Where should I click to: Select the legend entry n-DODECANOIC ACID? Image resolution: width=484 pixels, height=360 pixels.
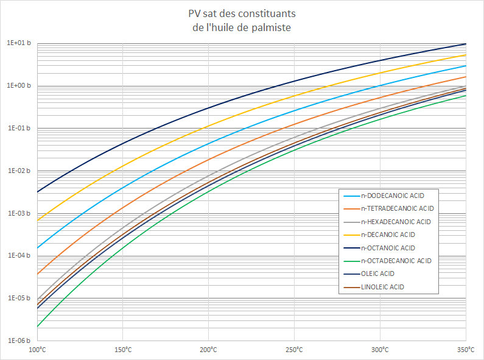(392, 196)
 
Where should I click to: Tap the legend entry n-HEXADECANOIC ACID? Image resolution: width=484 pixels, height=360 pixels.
(395, 222)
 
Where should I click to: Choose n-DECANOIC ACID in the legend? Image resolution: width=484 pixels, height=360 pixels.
(387, 235)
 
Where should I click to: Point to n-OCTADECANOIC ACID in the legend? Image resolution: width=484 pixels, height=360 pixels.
(396, 261)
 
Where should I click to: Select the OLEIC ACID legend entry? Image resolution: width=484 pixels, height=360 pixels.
(379, 274)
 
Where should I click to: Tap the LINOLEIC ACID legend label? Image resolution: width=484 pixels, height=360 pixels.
(382, 286)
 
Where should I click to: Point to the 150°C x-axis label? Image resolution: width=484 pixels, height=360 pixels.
(122, 350)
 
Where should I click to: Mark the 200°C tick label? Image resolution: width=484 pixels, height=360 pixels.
(208, 350)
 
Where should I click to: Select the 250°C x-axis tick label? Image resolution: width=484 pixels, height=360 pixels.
(294, 350)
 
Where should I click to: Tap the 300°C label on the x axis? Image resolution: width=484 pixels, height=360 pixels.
(380, 350)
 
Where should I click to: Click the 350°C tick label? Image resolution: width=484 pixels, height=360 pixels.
(465, 350)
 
